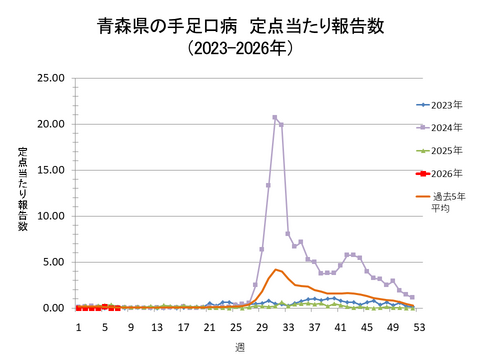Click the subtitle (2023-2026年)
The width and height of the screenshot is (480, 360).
point(240,47)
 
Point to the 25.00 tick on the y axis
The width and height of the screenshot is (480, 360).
point(51,78)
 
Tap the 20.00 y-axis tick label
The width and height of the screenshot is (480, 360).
point(51,124)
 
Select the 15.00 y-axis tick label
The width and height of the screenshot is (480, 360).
point(51,170)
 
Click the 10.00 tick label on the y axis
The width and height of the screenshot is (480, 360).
point(51,216)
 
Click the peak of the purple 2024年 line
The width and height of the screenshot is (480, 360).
point(275,117)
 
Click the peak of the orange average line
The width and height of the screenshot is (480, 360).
point(275,269)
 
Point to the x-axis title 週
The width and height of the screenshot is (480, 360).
point(240,345)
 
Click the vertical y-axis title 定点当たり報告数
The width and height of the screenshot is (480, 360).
point(22,189)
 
